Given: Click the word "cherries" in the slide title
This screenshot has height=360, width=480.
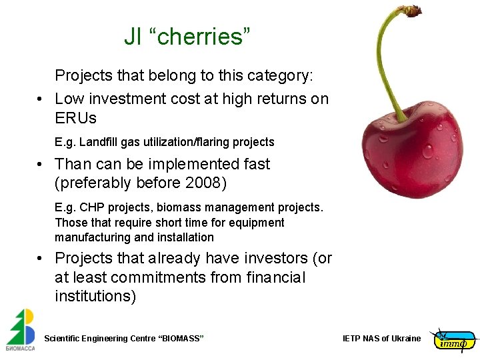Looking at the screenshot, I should (204, 37).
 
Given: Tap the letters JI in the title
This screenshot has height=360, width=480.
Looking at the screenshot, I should (133, 37).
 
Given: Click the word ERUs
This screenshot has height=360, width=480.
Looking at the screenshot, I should (75, 119).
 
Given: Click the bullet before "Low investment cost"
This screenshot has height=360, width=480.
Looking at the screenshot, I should (41, 99).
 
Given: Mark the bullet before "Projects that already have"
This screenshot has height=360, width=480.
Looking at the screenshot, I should (41, 259).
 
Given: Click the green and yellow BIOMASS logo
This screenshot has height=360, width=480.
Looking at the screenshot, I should (21, 330).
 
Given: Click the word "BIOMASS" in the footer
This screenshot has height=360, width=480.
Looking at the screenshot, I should (181, 339).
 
